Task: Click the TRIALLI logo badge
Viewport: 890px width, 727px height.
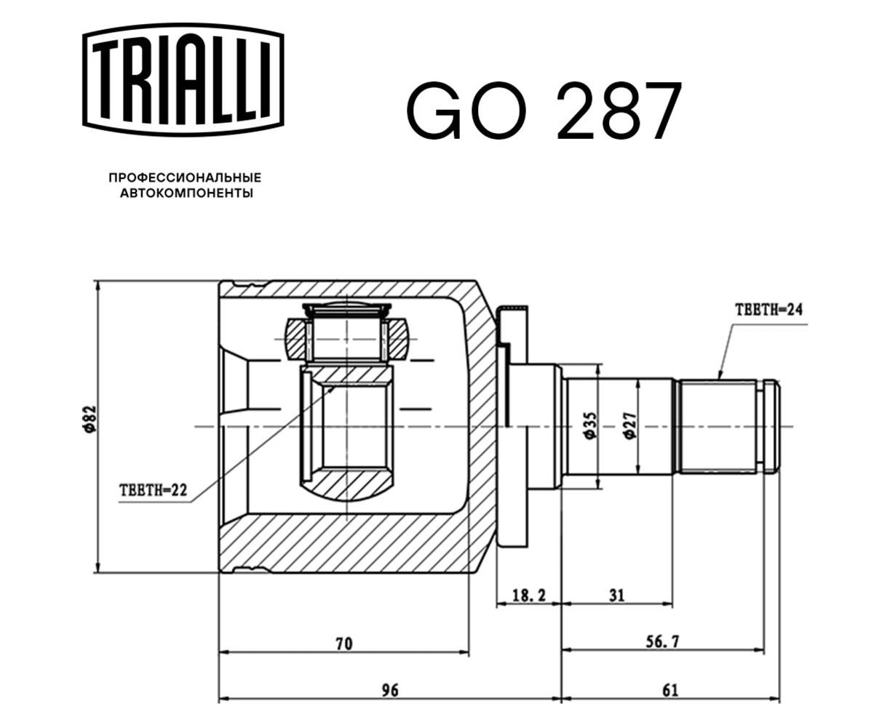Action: (x=183, y=80)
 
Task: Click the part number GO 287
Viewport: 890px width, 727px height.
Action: (x=544, y=111)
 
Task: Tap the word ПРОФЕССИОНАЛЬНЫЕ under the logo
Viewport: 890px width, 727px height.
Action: (x=185, y=177)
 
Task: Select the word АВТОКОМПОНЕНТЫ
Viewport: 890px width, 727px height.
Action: (x=186, y=193)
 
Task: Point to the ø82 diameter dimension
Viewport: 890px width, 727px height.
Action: (x=90, y=418)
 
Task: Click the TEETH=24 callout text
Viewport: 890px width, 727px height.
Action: (x=768, y=310)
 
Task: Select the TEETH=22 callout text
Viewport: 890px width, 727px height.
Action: (x=154, y=490)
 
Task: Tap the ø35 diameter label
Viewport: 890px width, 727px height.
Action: (x=591, y=426)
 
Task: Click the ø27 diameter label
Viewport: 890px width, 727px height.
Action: (x=630, y=426)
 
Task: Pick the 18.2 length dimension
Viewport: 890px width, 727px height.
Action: (x=529, y=595)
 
